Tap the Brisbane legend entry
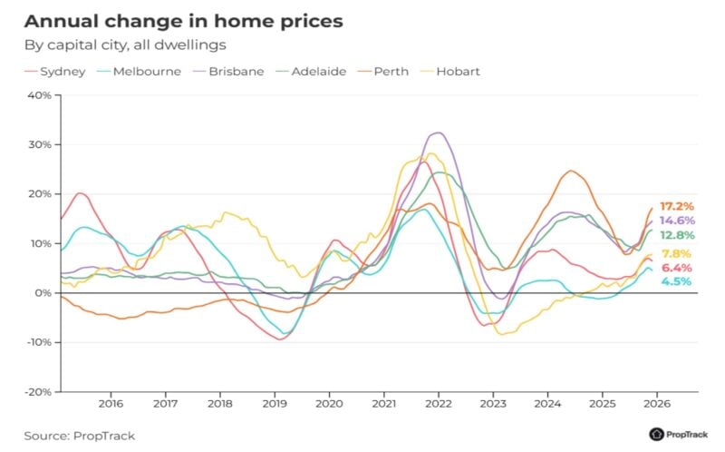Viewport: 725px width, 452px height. tap(233, 71)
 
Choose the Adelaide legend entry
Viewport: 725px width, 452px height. tap(318, 71)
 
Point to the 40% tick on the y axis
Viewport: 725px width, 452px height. tap(39, 95)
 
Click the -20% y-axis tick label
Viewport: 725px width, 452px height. tap(37, 392)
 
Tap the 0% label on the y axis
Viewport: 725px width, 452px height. tap(43, 293)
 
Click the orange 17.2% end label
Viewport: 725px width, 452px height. tap(676, 207)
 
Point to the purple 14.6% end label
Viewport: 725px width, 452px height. tap(676, 221)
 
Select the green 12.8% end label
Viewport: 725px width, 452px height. tap(676, 236)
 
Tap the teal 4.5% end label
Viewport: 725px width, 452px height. tap(676, 282)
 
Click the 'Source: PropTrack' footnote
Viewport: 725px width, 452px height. tap(79, 436)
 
